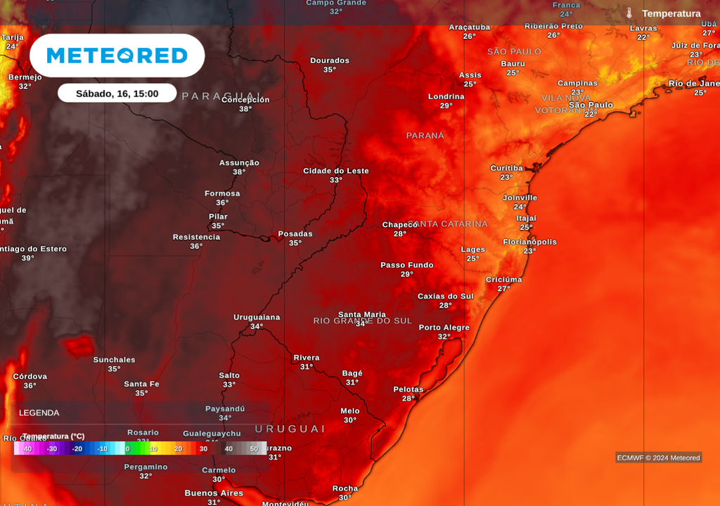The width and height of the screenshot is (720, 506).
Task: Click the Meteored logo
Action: tap(117, 56)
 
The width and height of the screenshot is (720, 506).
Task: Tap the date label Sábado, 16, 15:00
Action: tap(117, 93)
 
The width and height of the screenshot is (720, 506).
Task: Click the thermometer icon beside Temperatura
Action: tap(629, 13)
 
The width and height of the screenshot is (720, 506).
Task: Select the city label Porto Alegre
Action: tap(444, 327)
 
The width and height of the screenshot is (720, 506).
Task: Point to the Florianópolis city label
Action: tap(529, 242)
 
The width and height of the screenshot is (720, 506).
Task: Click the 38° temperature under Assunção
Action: tap(239, 172)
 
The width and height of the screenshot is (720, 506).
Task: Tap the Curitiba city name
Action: tap(506, 168)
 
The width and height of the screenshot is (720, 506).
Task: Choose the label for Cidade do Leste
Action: tap(335, 171)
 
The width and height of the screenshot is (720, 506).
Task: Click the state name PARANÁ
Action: tap(425, 135)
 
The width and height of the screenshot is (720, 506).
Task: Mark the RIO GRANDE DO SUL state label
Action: tap(362, 321)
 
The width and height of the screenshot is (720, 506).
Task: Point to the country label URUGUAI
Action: tap(290, 429)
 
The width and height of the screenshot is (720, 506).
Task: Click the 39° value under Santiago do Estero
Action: tap(28, 259)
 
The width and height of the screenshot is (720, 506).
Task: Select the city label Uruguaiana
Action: tap(257, 317)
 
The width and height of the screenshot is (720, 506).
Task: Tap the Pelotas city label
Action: tap(408, 389)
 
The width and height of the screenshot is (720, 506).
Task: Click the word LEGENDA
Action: tap(39, 413)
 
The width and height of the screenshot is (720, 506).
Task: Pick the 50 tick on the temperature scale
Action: tap(254, 448)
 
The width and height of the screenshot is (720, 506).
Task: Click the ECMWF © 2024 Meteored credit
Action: tap(658, 458)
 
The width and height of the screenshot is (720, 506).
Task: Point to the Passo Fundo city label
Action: tap(406, 265)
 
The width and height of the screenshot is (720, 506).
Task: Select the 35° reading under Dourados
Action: tap(329, 70)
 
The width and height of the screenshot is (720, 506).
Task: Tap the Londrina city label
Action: tap(446, 96)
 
